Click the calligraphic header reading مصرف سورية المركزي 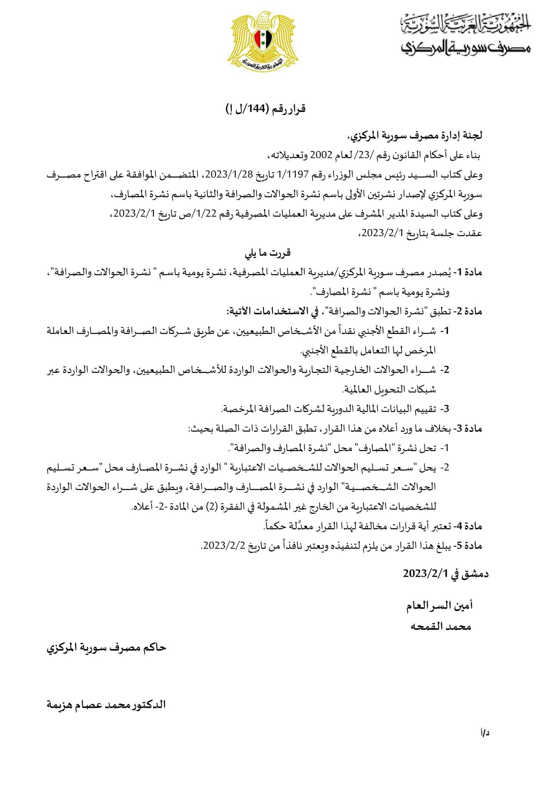click(466, 46)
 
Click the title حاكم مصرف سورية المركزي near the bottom click(106, 648)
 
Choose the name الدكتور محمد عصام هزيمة click(106, 705)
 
